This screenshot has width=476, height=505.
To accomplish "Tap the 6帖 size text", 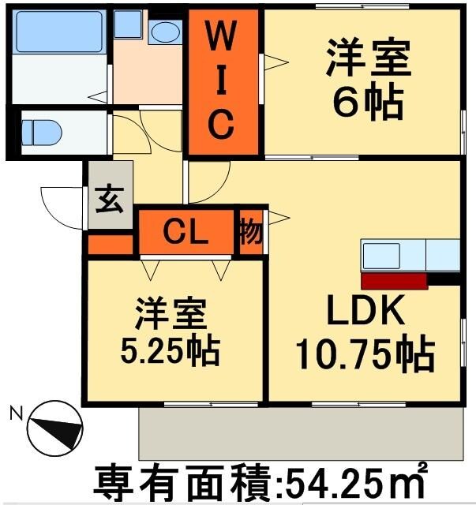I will [368, 101].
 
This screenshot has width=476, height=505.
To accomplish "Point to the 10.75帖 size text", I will [365, 354].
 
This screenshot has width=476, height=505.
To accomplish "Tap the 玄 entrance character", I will [110, 201].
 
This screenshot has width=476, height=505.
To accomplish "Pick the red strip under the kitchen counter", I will [394, 279].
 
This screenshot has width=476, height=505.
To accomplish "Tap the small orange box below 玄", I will [110, 245].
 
